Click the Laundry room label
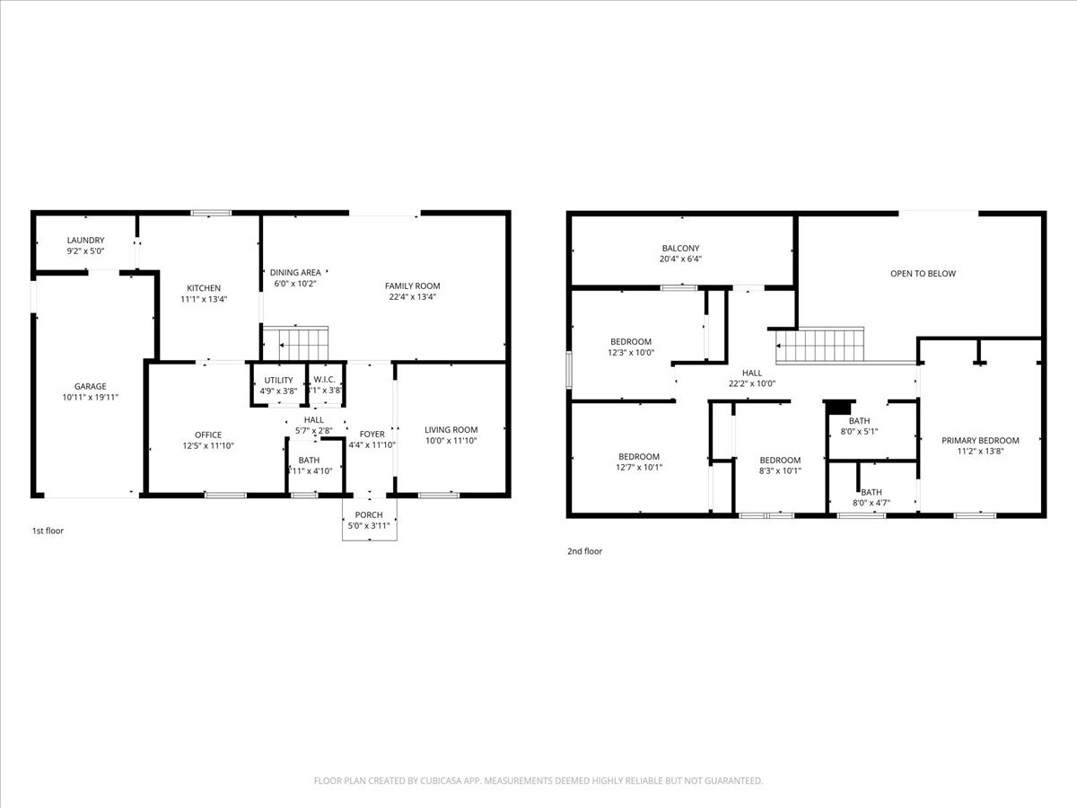tap(85, 241)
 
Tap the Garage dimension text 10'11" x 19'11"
tap(90, 397)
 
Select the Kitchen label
tap(204, 288)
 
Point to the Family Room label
tap(413, 285)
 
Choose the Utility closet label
tap(278, 380)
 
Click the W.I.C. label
tap(324, 380)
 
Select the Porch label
tap(369, 514)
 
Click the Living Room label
tap(451, 429)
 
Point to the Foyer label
tap(372, 434)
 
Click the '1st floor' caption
tap(48, 531)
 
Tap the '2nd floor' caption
tap(584, 551)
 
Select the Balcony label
tap(680, 248)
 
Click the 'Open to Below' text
tap(923, 274)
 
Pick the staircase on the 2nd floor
tap(819, 345)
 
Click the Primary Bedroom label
tap(980, 440)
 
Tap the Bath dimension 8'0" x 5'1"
tap(871, 431)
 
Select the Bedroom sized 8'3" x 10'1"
tap(779, 470)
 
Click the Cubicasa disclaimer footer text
tap(538, 781)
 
